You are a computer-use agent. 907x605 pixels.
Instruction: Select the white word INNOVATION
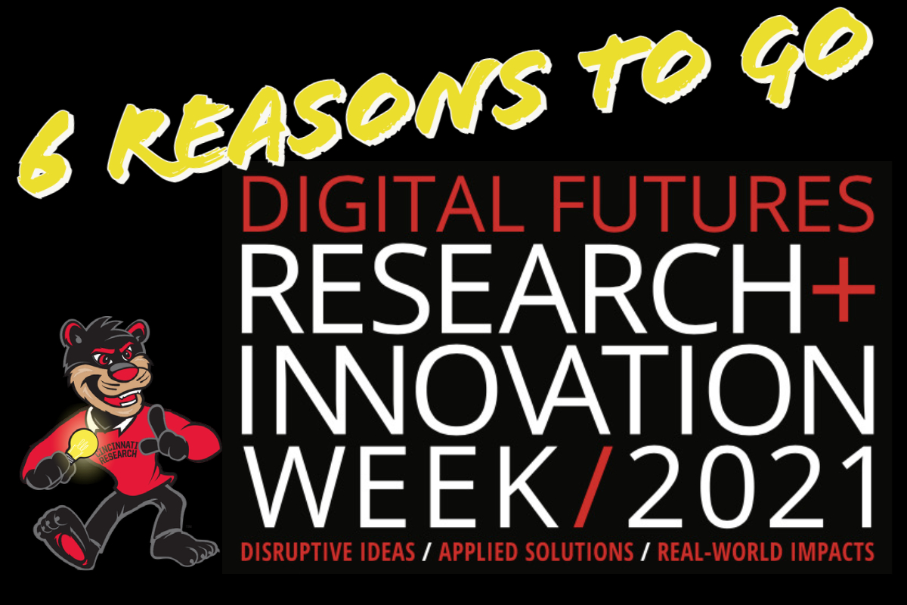coord(558,389)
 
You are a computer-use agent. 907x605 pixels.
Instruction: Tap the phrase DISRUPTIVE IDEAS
coord(328,552)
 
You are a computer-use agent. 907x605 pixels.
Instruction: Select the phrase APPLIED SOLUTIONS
coord(536,552)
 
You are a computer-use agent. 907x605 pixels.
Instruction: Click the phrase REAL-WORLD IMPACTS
coord(765,552)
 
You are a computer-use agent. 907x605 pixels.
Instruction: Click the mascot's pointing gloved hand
coord(166,437)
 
